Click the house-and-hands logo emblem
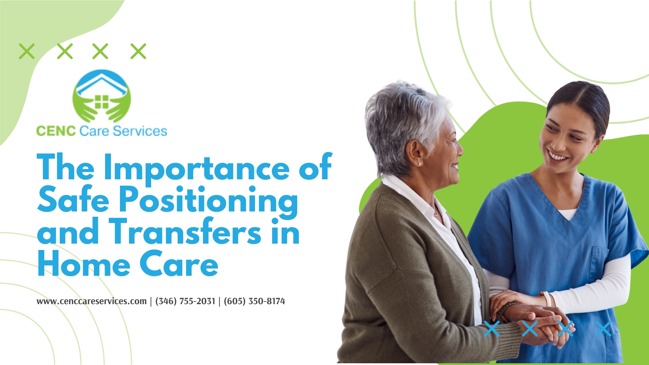click(x=101, y=96)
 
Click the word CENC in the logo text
click(x=56, y=131)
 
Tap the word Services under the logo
click(x=140, y=131)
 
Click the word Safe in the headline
click(x=73, y=199)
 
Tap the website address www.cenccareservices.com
click(x=92, y=301)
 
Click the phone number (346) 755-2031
click(x=185, y=301)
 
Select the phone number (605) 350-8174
click(x=254, y=301)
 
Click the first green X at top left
click(x=27, y=51)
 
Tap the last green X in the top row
click(x=138, y=51)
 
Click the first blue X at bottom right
click(x=492, y=329)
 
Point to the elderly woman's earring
click(x=419, y=164)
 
